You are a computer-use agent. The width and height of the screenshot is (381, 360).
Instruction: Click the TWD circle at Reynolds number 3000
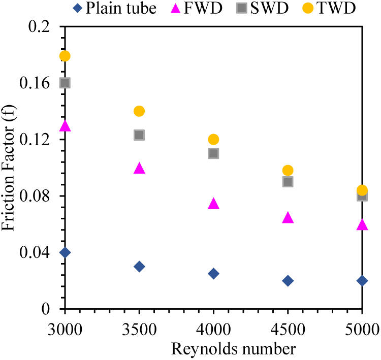pyautogui.click(x=65, y=56)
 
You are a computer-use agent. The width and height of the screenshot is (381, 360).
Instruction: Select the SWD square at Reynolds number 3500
pyautogui.click(x=139, y=135)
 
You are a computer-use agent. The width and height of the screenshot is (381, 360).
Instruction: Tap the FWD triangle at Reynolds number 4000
pyautogui.click(x=213, y=204)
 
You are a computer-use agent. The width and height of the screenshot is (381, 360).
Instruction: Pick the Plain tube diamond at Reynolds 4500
pyautogui.click(x=288, y=281)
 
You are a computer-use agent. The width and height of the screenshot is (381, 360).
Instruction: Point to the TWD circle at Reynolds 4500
pyautogui.click(x=288, y=171)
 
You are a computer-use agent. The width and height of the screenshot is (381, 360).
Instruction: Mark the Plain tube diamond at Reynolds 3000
pyautogui.click(x=65, y=252)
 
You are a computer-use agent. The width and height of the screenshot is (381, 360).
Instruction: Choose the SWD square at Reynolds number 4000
pyautogui.click(x=213, y=153)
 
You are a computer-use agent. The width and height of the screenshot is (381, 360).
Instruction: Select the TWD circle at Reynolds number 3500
pyautogui.click(x=139, y=111)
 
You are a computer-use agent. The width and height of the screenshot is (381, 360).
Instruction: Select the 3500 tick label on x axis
pyautogui.click(x=139, y=325)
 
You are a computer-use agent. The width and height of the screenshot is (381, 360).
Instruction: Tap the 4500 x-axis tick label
pyautogui.click(x=288, y=325)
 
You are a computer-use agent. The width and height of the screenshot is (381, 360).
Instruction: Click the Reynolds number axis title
pyautogui.click(x=213, y=349)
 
